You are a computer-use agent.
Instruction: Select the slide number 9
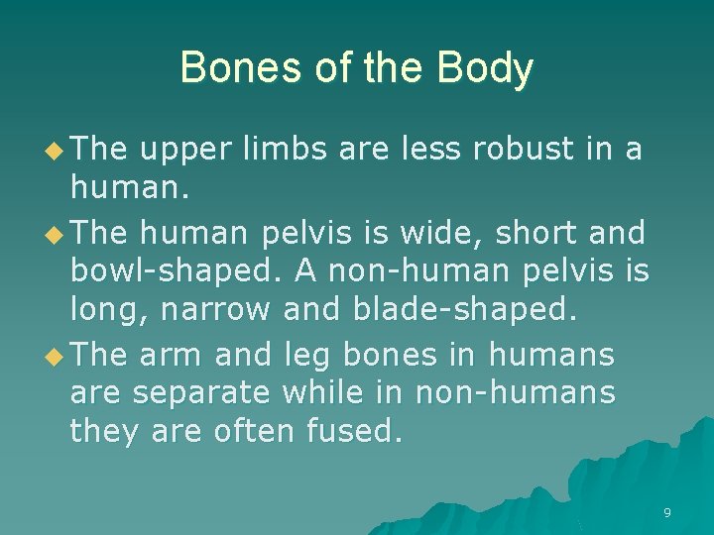[666, 513]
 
